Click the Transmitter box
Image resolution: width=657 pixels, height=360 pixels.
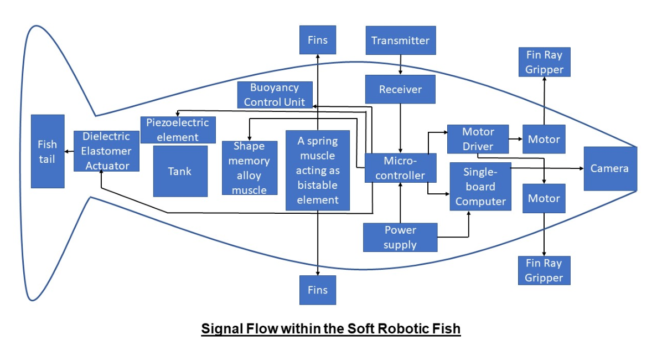[x=400, y=40]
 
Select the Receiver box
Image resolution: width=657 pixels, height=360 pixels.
[x=400, y=89]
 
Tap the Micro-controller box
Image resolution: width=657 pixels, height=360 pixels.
[x=400, y=168]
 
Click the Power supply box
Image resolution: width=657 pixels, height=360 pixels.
[x=400, y=237]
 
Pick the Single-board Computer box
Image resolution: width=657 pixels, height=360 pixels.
[x=480, y=187]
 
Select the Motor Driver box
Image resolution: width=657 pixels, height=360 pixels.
[x=478, y=139]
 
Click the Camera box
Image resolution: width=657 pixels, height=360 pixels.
[x=610, y=168]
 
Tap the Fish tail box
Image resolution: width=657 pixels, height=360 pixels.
[x=48, y=151]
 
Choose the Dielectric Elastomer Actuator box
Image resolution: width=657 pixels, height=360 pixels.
[x=106, y=151]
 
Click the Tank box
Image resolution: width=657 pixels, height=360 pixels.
[x=180, y=171]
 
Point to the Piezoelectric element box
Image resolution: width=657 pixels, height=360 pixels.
[x=178, y=130]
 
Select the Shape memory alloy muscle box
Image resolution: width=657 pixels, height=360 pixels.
[x=249, y=168]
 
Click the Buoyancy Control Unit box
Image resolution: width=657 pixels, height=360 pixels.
[x=275, y=95]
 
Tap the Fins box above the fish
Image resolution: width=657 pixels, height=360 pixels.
[x=318, y=40]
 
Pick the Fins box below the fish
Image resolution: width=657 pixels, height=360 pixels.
[x=318, y=290]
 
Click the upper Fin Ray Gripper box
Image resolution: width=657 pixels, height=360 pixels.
[x=544, y=62]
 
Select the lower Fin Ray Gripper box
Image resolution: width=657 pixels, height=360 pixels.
[x=544, y=270]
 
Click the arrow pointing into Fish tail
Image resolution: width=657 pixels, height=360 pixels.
[x=69, y=151]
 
